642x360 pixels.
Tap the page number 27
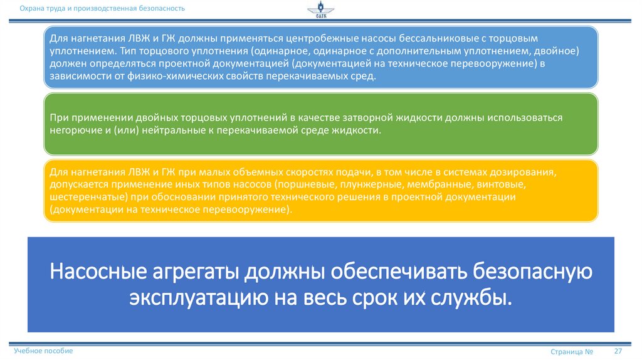617,351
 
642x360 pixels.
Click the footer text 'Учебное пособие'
43,351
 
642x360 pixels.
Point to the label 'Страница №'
572,352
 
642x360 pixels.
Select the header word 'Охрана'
31,8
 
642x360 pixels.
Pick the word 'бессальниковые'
438,39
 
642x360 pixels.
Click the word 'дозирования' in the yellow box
524,172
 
